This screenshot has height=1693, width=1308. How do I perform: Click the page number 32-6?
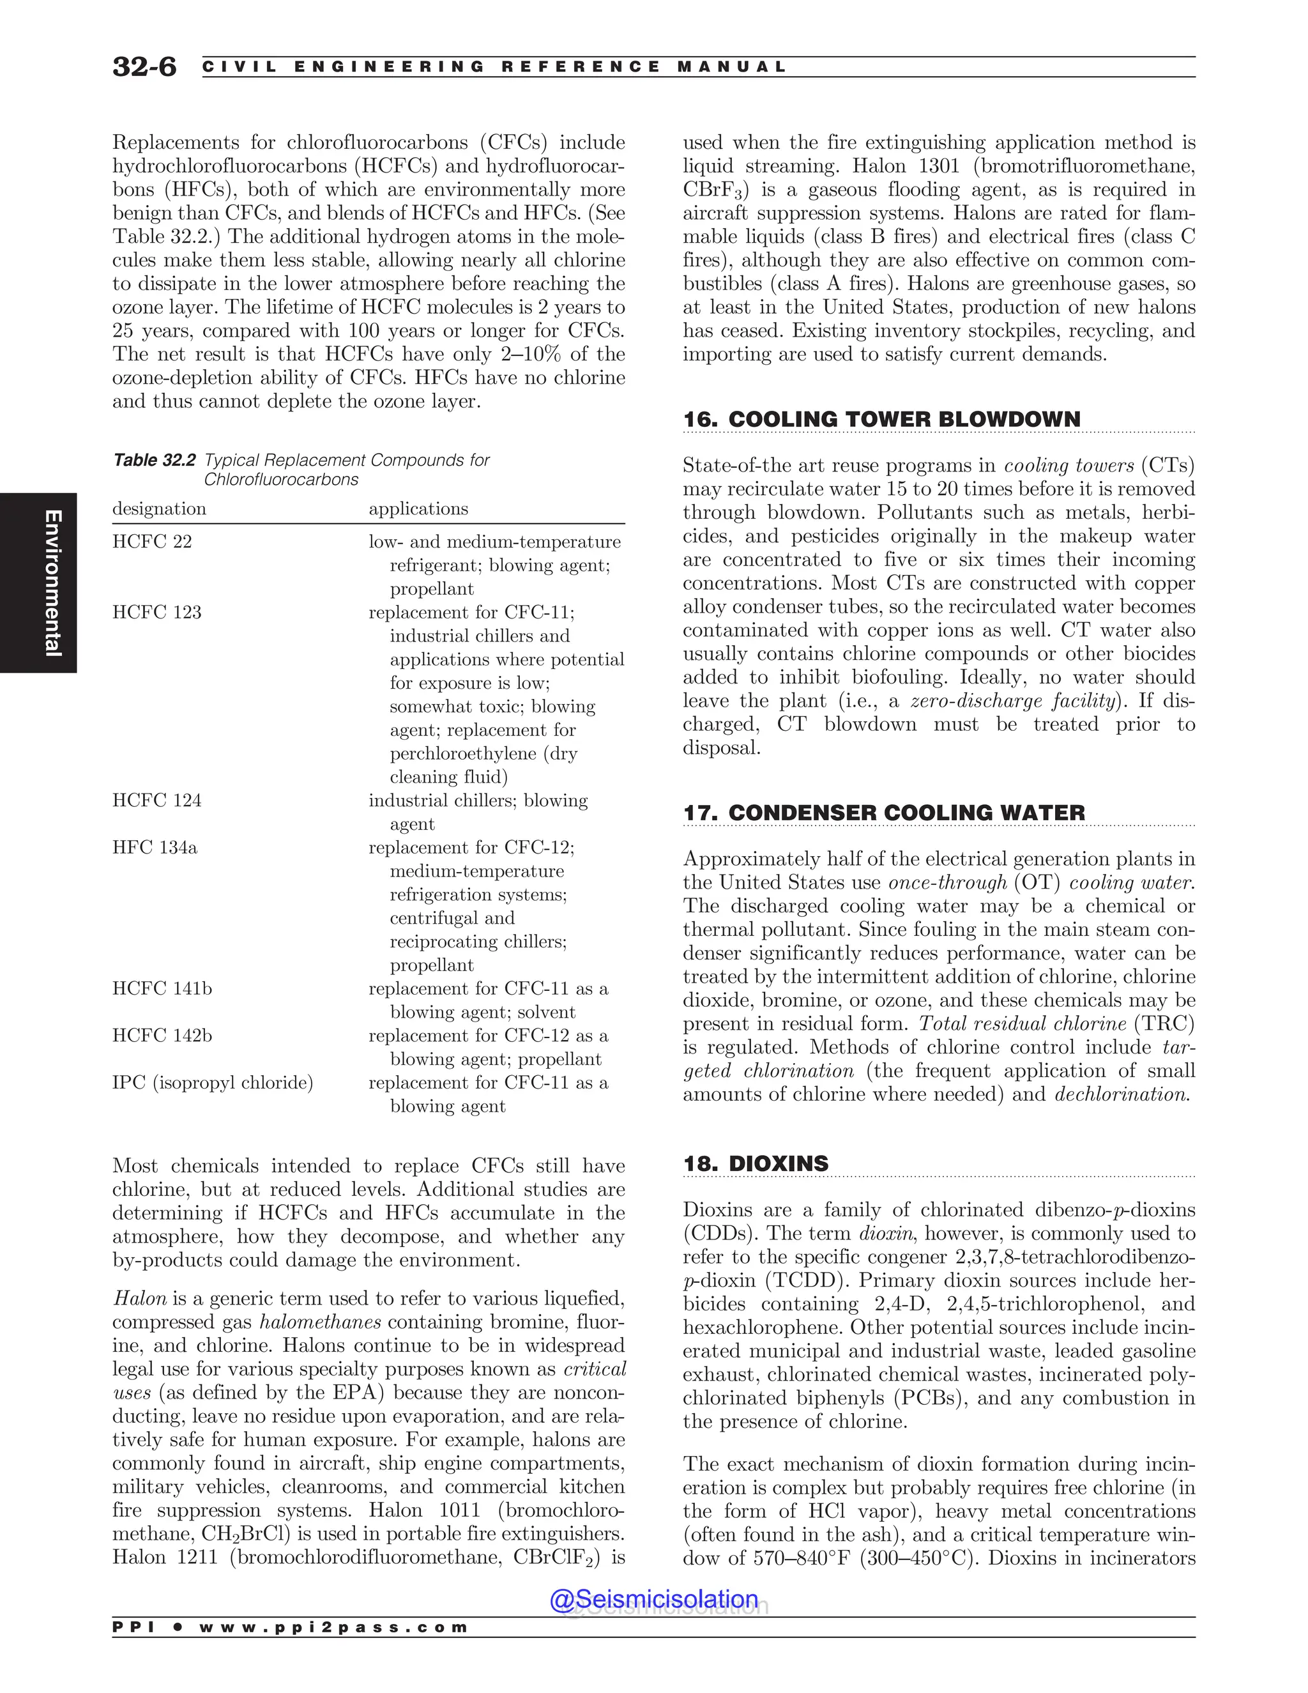point(144,66)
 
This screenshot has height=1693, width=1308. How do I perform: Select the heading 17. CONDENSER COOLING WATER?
point(883,813)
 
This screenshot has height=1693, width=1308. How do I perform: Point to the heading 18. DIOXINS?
point(756,1163)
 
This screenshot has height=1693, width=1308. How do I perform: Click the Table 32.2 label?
point(154,461)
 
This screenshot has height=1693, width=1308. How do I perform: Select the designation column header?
point(159,509)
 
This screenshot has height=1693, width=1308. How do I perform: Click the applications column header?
point(418,509)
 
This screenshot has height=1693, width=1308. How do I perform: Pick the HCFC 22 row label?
point(152,542)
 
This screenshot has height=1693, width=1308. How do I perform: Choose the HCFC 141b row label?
point(162,988)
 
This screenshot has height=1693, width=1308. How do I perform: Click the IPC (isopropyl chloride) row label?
point(212,1083)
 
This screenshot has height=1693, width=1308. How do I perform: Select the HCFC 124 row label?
point(156,801)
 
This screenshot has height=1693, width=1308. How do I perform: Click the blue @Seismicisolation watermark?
point(653,1598)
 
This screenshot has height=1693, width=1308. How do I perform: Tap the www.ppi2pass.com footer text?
point(333,1627)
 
